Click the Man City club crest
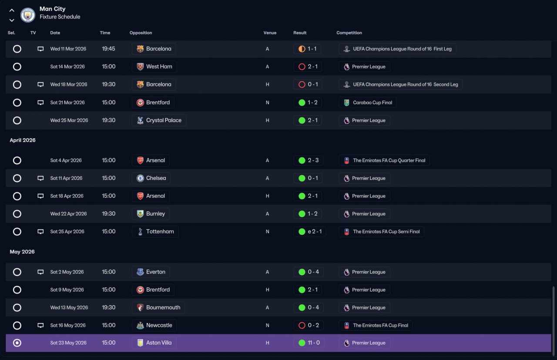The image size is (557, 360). coord(27,15)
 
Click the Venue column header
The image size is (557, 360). coord(270,33)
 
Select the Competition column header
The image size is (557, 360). coord(349,33)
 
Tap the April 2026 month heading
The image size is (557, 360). coord(23,140)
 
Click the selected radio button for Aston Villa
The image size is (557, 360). coord(17,343)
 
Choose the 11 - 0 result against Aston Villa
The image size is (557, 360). coord(309,343)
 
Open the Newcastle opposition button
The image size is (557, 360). coord(154,325)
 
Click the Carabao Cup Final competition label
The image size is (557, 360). coord(368,103)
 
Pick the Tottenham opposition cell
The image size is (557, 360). coord(155,232)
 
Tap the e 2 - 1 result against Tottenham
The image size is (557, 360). coord(310,232)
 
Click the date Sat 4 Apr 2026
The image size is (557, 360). coord(66,160)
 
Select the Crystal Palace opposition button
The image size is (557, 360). coord(159,120)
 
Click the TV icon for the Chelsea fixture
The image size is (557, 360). coord(40,178)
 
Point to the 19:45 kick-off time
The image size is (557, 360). coord(108,49)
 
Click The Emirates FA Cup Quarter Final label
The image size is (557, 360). coord(384,160)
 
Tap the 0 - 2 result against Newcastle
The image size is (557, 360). coord(309,325)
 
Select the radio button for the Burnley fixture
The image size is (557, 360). coord(17,214)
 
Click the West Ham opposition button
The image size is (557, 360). coord(154,67)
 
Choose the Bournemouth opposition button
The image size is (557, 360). coord(158,307)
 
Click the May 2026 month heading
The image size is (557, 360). coord(22,252)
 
